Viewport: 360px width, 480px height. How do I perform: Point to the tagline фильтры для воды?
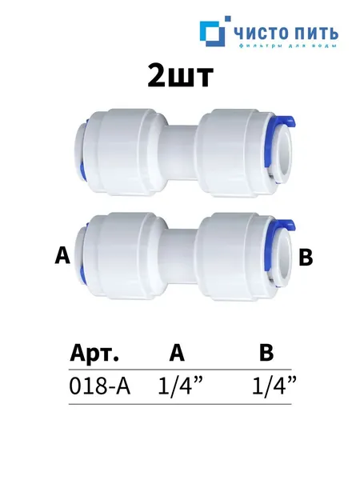pos(287,46)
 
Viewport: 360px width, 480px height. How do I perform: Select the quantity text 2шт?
pos(180,76)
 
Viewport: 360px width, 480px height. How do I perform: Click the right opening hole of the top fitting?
pos(284,154)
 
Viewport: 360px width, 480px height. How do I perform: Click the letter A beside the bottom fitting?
pos(62,256)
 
